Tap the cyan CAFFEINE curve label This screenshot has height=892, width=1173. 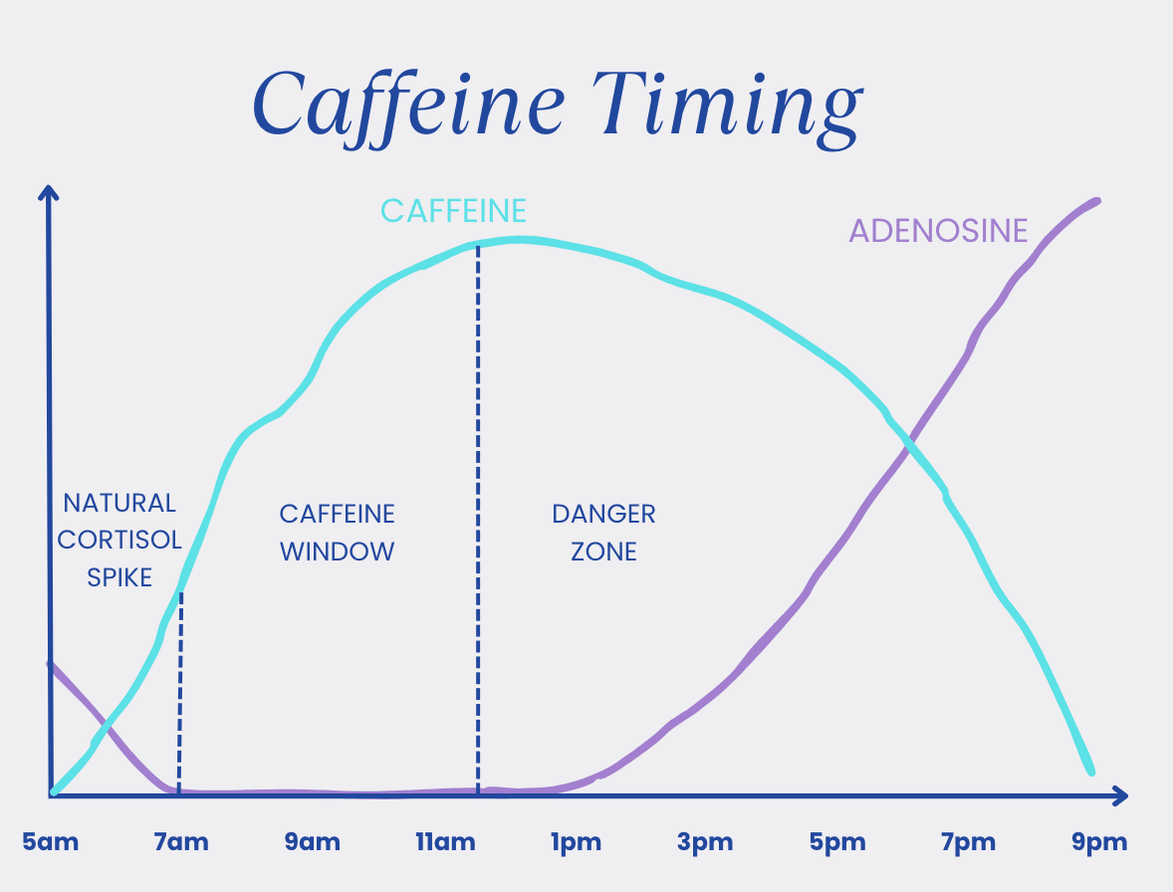coord(453,211)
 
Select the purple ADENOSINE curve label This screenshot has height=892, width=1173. coord(938,230)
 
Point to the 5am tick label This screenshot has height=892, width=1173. coord(50,842)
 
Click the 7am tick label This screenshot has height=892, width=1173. coord(181,842)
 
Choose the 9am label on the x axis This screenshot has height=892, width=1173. coord(312,842)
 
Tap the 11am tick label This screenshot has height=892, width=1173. coord(445,842)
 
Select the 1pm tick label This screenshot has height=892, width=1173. coord(576,842)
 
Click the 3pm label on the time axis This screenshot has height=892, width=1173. coord(705,842)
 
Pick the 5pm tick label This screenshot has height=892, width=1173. coord(837,842)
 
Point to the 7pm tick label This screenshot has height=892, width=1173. coord(968,842)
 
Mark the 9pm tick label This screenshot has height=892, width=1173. coord(1099,842)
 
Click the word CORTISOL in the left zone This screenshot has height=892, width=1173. coord(119,540)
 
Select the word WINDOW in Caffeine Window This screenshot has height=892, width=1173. coord(337,552)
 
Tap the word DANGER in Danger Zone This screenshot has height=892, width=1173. coord(603,515)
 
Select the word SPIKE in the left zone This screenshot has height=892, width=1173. coord(119,578)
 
